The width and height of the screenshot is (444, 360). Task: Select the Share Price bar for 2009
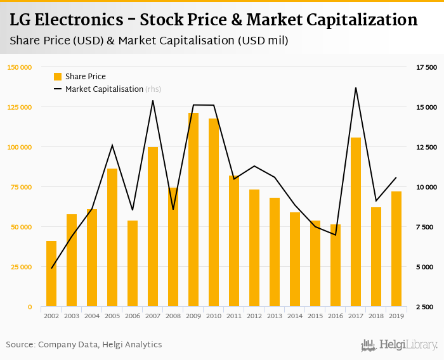[193, 210]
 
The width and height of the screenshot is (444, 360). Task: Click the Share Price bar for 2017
[356, 222]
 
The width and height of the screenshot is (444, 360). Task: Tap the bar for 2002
[51, 274]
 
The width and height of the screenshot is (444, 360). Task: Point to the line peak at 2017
[356, 87]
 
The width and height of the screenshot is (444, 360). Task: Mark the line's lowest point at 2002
[51, 268]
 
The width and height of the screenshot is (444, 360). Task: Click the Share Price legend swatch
[58, 77]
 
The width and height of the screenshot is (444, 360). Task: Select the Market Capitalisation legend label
[104, 89]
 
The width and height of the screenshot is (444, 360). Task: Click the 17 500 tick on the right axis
[426, 67]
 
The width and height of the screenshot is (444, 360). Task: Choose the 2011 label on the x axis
[234, 316]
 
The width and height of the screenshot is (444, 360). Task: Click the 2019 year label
[396, 316]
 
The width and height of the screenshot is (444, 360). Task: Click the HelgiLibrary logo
[400, 345]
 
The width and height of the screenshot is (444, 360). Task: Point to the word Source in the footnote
[20, 345]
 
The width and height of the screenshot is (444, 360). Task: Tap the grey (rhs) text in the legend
[153, 89]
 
